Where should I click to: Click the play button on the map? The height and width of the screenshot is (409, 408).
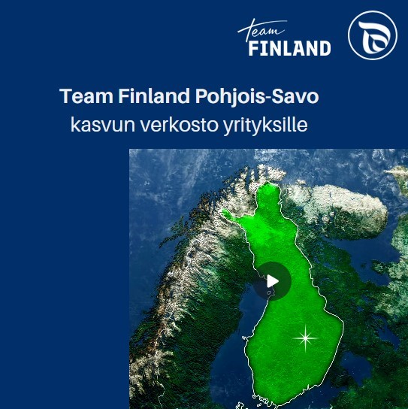click(x=272, y=281)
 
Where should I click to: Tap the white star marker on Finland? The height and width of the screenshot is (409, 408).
click(x=305, y=338)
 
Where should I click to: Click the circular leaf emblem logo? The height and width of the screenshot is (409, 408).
click(x=373, y=35)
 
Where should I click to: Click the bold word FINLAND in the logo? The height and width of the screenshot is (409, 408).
click(x=289, y=48)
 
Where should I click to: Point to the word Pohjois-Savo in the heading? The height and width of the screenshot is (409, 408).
click(x=257, y=96)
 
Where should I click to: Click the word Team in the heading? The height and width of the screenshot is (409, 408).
click(x=86, y=96)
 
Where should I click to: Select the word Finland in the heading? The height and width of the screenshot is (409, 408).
click(x=154, y=96)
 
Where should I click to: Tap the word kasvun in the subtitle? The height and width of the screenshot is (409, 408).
click(x=103, y=125)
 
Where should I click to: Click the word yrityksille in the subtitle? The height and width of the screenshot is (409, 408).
click(x=265, y=126)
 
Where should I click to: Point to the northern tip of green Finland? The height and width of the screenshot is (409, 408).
click(x=267, y=183)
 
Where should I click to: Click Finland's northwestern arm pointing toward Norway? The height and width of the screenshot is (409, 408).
click(x=229, y=214)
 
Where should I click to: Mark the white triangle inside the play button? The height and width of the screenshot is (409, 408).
click(x=273, y=281)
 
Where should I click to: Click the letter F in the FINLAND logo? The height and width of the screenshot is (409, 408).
click(x=253, y=48)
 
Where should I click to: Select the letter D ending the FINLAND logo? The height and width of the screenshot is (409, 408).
click(x=325, y=48)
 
